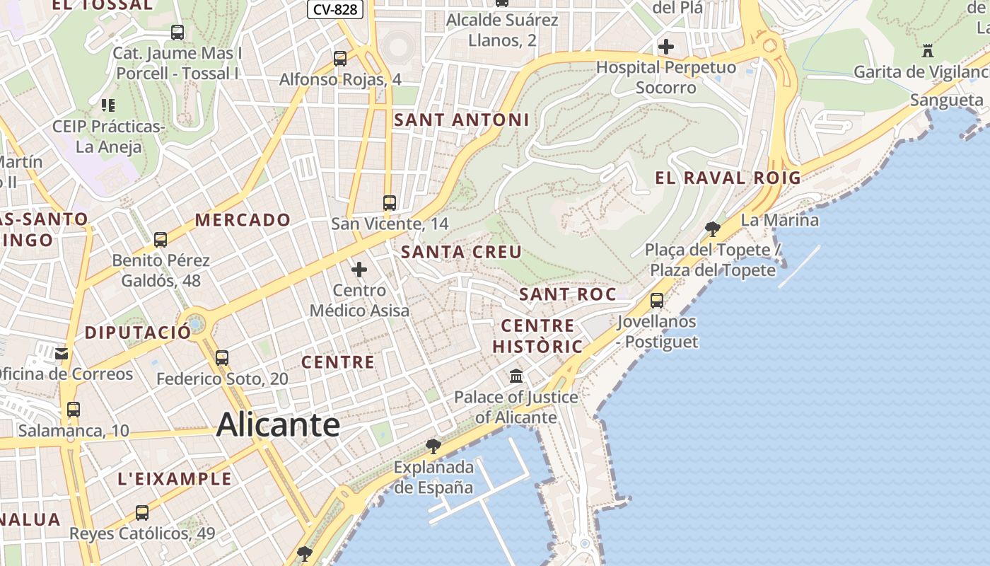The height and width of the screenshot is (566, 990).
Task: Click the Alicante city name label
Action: click(278, 424)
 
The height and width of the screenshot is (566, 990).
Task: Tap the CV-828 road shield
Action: click(335, 9)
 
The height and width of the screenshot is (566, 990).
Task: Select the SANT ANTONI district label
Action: click(461, 120)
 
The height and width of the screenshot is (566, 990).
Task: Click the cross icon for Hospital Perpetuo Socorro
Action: click(665, 47)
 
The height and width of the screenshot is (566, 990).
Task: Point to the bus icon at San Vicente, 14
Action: click(389, 203)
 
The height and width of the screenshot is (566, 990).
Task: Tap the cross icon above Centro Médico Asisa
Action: click(359, 270)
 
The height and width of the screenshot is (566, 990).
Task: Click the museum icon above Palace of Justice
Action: click(516, 376)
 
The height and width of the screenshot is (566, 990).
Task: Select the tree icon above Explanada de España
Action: click(433, 446)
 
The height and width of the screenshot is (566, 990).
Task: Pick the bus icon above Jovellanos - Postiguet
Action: click(656, 301)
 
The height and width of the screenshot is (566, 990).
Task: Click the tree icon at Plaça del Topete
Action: click(713, 229)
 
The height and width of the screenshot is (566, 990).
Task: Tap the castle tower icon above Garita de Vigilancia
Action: click(928, 51)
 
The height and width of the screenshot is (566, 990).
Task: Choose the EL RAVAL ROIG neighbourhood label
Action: click(728, 178)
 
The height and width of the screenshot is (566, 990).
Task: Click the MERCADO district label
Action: click(243, 220)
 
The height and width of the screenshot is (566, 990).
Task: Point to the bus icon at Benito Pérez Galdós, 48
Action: click(161, 240)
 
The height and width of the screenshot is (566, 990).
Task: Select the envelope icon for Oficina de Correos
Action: click(62, 353)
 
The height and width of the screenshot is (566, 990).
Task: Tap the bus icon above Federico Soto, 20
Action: click(222, 358)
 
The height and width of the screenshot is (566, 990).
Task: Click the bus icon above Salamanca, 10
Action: click(74, 409)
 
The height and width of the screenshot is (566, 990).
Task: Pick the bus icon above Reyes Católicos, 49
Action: click(142, 513)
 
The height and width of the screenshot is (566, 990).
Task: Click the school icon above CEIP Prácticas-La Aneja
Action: click(107, 105)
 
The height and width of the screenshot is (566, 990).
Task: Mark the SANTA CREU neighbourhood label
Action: click(461, 253)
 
